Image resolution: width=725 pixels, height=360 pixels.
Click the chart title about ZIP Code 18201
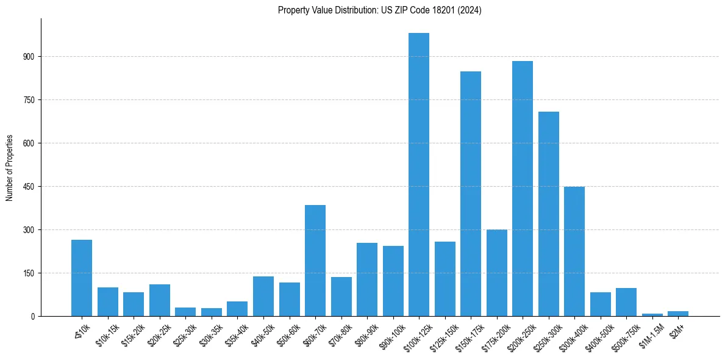pos(379,10)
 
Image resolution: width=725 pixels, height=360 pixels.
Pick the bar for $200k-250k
pos(523,189)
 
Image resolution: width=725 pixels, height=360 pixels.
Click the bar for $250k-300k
pos(549,214)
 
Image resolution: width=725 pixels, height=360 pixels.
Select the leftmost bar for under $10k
pos(82,278)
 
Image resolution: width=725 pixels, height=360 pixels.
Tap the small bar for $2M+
pos(678,314)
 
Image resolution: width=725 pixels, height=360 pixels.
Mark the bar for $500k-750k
pos(626,302)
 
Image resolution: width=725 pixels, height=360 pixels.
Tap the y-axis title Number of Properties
pos(10,168)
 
